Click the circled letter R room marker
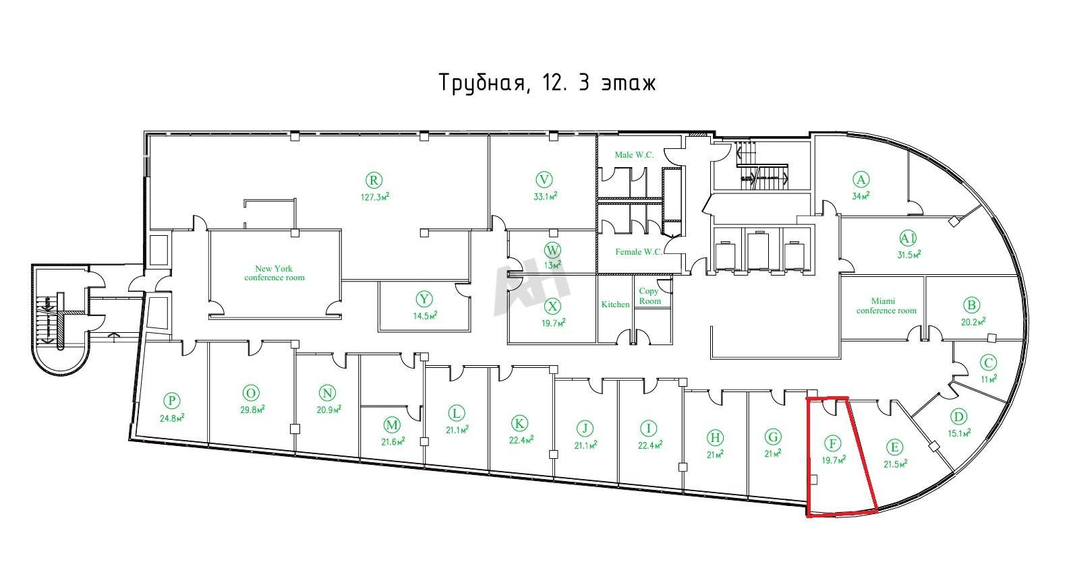tap(374, 181)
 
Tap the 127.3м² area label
tap(375, 197)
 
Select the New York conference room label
tap(275, 273)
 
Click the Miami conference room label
tap(886, 306)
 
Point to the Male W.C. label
tap(634, 154)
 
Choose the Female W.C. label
tap(639, 252)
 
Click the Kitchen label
tap(615, 305)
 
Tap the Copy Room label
tap(649, 296)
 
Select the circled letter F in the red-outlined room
tap(833, 443)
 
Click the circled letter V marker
tap(544, 180)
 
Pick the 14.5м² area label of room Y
tap(425, 315)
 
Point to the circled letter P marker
tap(171, 401)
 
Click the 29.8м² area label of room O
tap(252, 409)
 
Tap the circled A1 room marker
tap(908, 238)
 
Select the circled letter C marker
tap(988, 363)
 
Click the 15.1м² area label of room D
tap(959, 433)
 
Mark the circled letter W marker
tap(552, 251)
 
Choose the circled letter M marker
tap(392, 425)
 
